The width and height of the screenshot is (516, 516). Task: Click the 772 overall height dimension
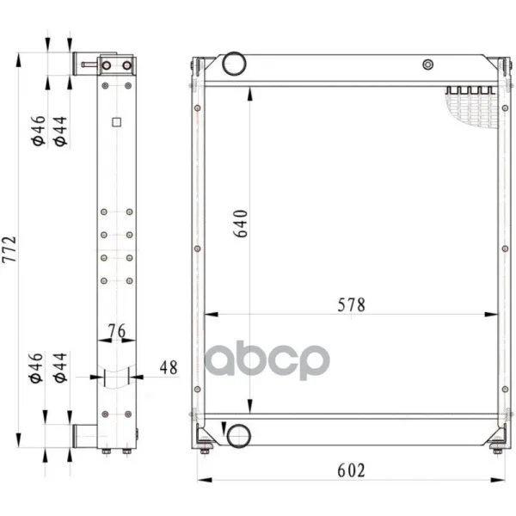9,249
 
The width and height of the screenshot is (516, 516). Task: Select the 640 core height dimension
240,224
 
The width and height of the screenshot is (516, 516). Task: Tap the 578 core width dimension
351,305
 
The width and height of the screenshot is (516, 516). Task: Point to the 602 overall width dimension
351,470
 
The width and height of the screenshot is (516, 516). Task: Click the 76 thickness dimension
117,331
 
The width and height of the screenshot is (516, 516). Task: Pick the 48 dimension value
169,367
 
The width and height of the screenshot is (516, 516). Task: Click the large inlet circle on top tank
234,64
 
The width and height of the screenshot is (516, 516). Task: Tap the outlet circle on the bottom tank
238,436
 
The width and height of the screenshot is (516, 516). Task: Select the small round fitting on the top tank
427,64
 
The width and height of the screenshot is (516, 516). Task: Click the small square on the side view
116,122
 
